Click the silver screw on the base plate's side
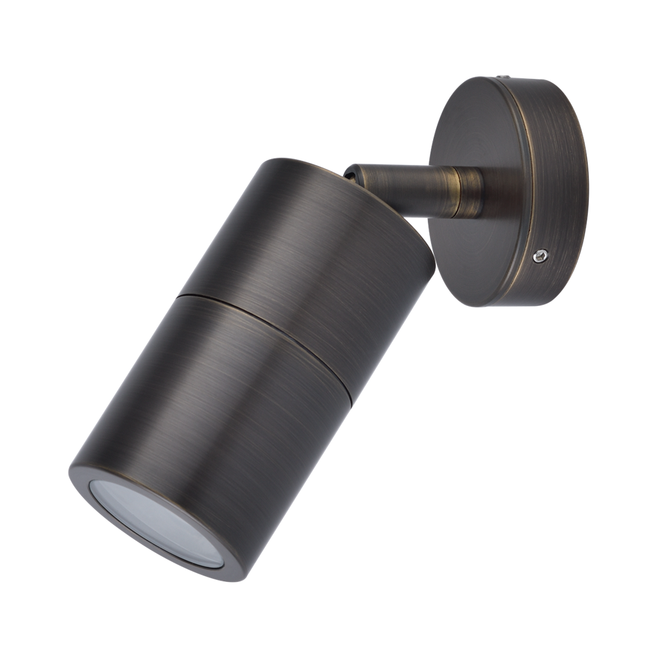pos(541,256)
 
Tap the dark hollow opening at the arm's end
pos(351,175)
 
